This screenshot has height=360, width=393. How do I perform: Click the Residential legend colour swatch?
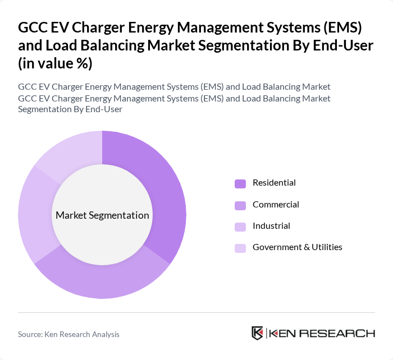point(240,183)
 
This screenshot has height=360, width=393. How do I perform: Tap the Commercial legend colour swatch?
point(240,205)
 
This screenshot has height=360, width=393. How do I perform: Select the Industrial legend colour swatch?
point(240,226)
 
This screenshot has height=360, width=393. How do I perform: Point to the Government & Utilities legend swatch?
point(240,247)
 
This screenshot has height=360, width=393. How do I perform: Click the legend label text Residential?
point(274,183)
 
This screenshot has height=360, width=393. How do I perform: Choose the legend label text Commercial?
point(276,204)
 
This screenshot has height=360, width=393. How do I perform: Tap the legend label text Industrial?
point(271,225)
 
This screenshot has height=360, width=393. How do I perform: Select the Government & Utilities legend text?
point(297,247)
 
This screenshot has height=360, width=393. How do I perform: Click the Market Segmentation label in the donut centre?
point(102,215)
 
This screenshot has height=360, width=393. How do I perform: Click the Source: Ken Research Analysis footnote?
point(68,334)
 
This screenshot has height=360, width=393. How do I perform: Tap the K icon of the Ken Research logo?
point(258,333)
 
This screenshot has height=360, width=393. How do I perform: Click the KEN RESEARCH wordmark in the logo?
point(322,334)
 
